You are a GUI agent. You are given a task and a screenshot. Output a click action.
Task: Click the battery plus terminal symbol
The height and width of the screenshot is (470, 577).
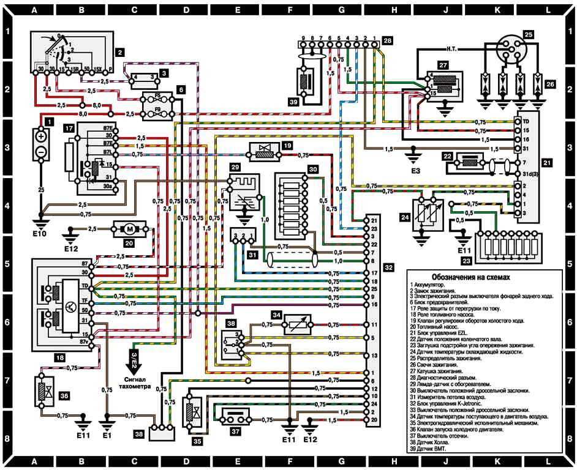tap(41, 137)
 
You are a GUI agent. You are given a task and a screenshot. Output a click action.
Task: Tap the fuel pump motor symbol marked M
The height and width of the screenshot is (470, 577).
tap(129, 230)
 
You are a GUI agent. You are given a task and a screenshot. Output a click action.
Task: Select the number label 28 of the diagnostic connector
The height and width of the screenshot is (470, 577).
tap(387, 40)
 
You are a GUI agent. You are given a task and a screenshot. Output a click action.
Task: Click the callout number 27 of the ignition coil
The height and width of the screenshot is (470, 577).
tap(442, 64)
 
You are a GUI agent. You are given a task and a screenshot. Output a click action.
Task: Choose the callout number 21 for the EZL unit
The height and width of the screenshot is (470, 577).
tap(547, 163)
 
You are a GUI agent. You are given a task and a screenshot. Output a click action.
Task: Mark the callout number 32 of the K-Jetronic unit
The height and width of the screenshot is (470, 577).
tap(388, 267)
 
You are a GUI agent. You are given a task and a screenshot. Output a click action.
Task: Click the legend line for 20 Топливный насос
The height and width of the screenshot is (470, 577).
tap(439, 327)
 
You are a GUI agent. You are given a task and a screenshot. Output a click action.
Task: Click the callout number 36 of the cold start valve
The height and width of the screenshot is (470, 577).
tap(63, 395)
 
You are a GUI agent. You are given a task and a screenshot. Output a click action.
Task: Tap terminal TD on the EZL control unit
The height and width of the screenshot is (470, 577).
tap(526, 122)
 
